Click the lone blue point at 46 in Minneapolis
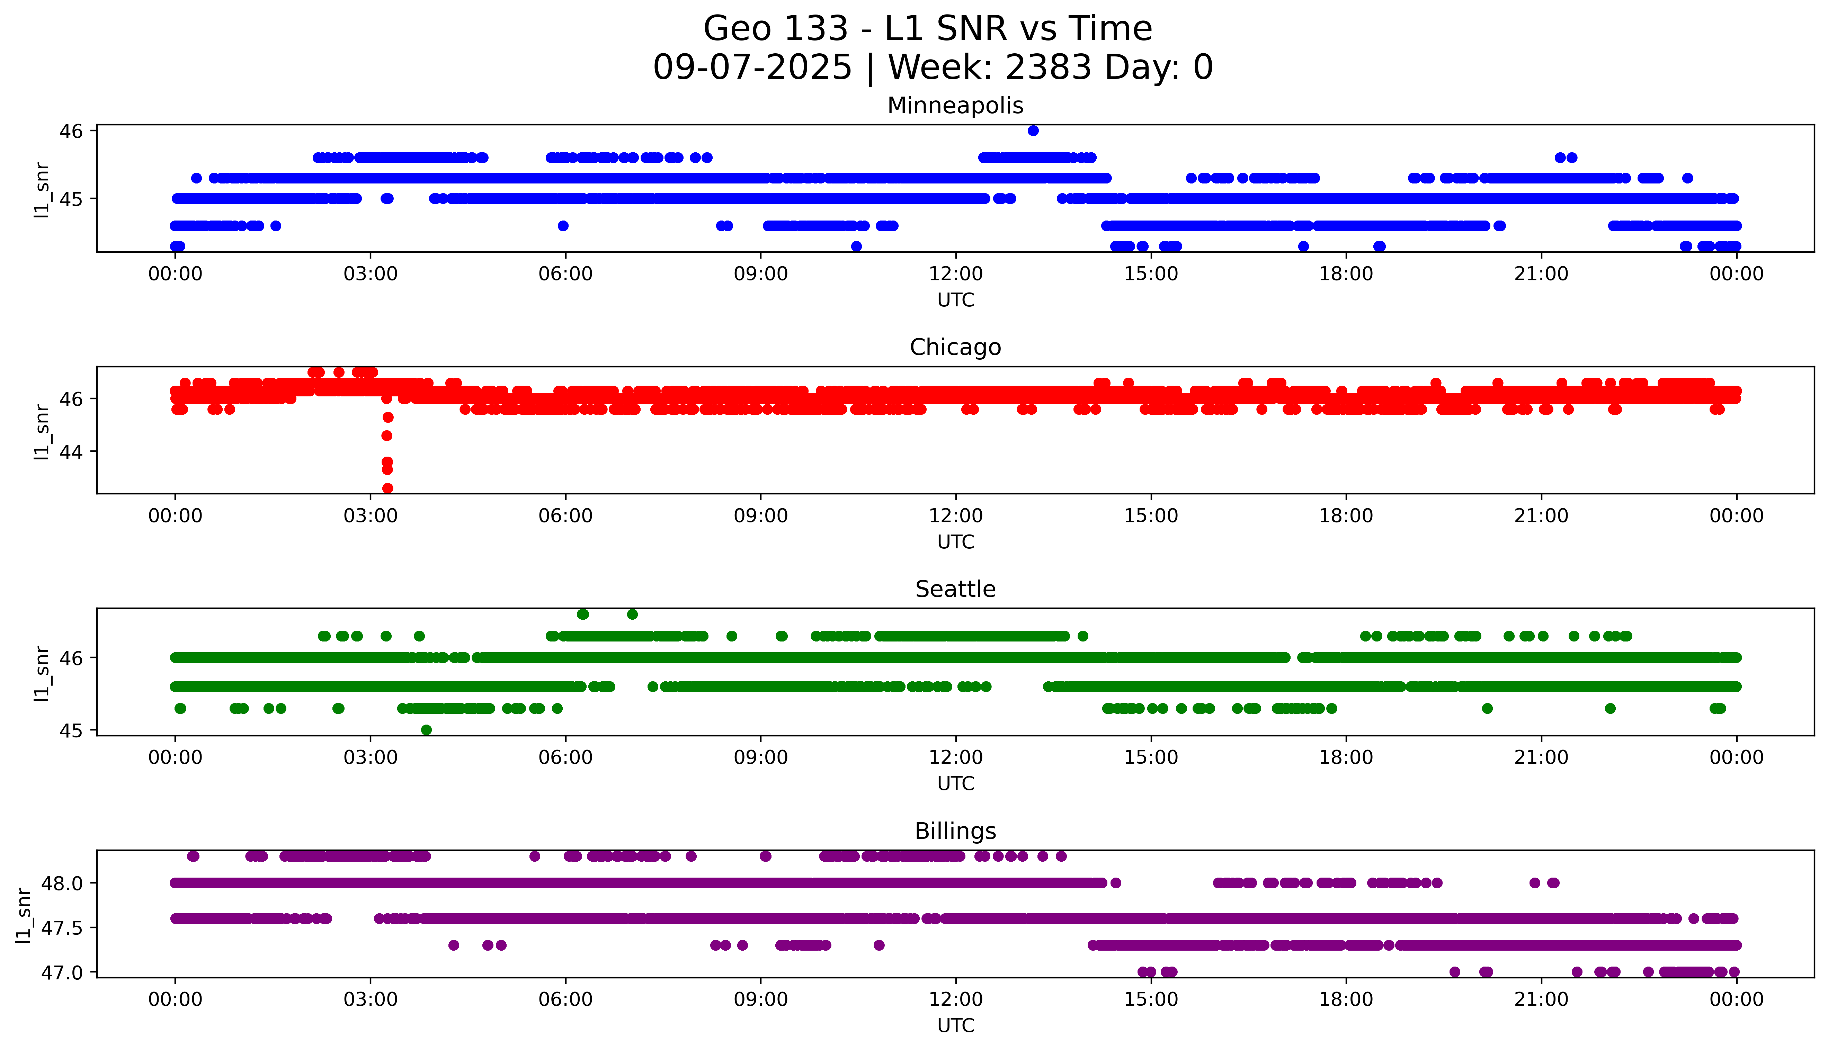click(x=1033, y=131)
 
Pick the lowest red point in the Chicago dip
click(x=387, y=488)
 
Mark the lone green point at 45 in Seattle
click(x=426, y=730)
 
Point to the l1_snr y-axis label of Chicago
click(x=42, y=431)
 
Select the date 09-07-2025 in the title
click(x=752, y=68)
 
